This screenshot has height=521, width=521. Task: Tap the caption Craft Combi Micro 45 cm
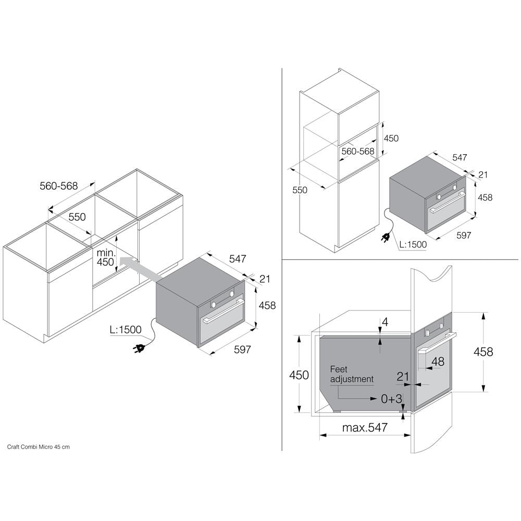(39, 447)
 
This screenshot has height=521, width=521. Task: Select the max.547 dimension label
(365, 427)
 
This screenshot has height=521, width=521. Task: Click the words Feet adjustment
(352, 374)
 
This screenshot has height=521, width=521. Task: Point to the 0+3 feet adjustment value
(392, 399)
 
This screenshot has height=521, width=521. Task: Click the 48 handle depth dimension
(438, 361)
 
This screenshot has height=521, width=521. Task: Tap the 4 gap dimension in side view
(385, 321)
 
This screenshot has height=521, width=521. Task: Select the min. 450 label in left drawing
(106, 257)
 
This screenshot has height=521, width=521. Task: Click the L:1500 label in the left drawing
(126, 330)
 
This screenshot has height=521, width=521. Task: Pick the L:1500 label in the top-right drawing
(413, 244)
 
